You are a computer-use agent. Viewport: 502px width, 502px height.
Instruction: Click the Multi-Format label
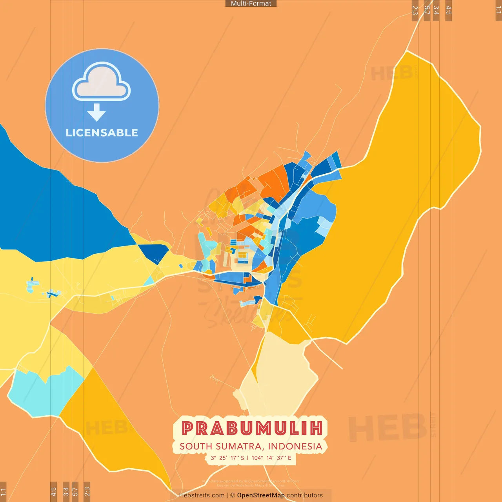[251, 4]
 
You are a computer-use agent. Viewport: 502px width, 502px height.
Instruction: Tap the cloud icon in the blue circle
[102, 83]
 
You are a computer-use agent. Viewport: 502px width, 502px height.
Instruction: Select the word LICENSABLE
[102, 133]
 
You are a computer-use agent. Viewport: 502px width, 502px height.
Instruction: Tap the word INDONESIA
[295, 446]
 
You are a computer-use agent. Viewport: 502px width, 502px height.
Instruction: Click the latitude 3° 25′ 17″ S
[227, 458]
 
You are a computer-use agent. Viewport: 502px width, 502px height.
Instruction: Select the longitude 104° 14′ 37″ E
[271, 458]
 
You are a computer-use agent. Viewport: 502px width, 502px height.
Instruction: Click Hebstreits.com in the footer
[202, 495]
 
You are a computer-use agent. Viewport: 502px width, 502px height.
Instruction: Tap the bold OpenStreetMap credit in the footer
[261, 495]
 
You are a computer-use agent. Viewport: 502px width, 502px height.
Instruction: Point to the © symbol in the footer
[233, 495]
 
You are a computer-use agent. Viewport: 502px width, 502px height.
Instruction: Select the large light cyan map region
[43, 392]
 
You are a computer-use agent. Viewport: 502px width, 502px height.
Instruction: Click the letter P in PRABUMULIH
[188, 428]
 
